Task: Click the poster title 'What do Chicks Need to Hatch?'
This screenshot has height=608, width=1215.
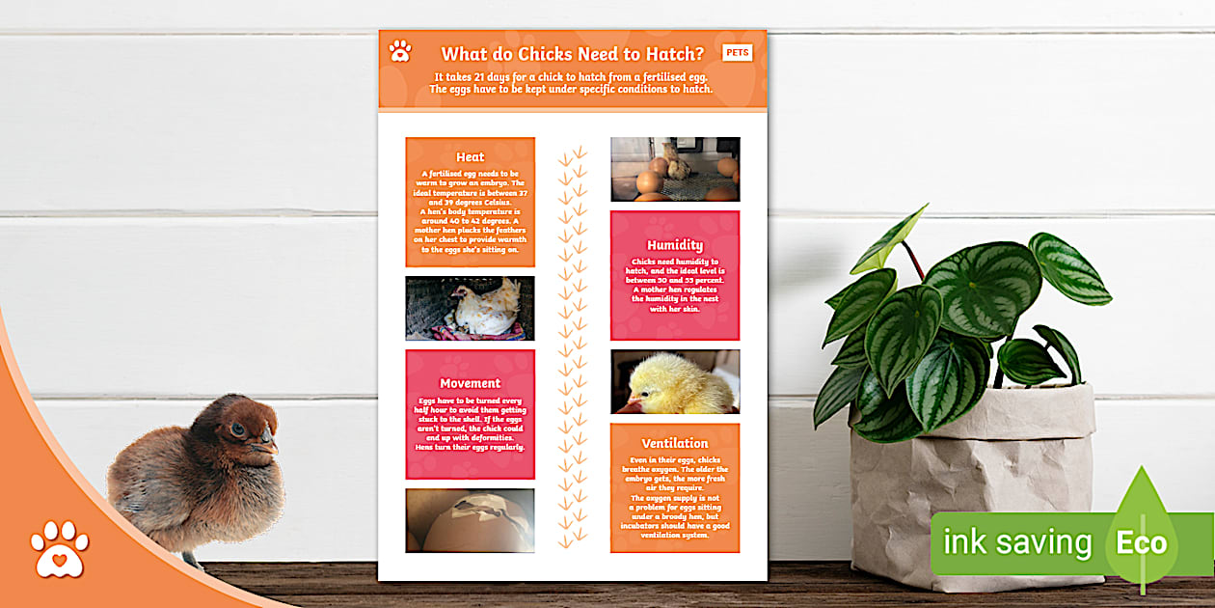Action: coord(572,54)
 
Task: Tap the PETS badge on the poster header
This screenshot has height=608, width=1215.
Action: coord(738,52)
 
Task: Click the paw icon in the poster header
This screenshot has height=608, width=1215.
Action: coord(400,51)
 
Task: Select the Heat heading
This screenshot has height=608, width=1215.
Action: coord(470,156)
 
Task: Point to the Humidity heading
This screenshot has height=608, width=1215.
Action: coord(675,245)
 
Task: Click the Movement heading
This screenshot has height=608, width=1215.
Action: coord(470,383)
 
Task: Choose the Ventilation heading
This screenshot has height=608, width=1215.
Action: coord(675,443)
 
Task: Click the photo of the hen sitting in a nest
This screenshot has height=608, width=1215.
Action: coord(470,308)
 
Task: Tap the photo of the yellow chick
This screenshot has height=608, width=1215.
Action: coord(675,381)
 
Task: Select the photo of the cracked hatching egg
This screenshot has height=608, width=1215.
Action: coord(470,520)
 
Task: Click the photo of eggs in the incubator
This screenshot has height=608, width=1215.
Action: coord(675,169)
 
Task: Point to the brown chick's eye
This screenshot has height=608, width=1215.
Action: coord(237,430)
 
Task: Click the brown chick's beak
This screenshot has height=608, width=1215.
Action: coord(269,447)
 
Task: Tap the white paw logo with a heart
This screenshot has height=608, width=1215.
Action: coord(59,550)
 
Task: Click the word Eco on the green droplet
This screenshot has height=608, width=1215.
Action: coord(1142,542)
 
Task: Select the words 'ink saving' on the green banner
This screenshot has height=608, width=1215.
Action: coord(1016,542)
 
